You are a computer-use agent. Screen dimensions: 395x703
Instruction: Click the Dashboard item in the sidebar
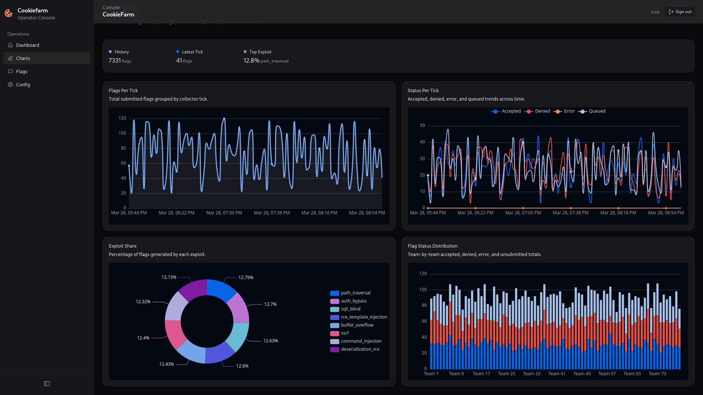pyautogui.click(x=27, y=45)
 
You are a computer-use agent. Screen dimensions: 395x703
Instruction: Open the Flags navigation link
pyautogui.click(x=22, y=71)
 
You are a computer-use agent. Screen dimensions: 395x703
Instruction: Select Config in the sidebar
pyautogui.click(x=23, y=84)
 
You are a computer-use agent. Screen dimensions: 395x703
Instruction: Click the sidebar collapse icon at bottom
pyautogui.click(x=47, y=384)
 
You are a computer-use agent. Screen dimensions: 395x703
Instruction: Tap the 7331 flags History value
pyautogui.click(x=119, y=60)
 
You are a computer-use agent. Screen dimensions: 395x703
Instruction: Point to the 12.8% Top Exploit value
pyautogui.click(x=251, y=60)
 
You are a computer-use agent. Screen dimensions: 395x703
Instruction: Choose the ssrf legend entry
pyautogui.click(x=344, y=333)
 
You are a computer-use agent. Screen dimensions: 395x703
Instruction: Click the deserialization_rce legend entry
pyautogui.click(x=360, y=349)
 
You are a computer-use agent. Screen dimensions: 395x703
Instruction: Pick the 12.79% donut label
pyautogui.click(x=246, y=278)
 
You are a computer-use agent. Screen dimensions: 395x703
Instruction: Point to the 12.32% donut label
pyautogui.click(x=143, y=302)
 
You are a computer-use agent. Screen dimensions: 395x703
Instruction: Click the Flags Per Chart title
pyautogui.click(x=123, y=90)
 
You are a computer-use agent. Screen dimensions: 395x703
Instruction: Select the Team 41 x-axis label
pyautogui.click(x=556, y=374)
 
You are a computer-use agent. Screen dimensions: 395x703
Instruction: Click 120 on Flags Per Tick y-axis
pyautogui.click(x=122, y=118)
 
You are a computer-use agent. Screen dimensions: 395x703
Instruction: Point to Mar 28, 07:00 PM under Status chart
pyautogui.click(x=523, y=213)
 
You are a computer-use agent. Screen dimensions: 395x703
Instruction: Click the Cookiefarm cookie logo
pyautogui.click(x=9, y=14)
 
